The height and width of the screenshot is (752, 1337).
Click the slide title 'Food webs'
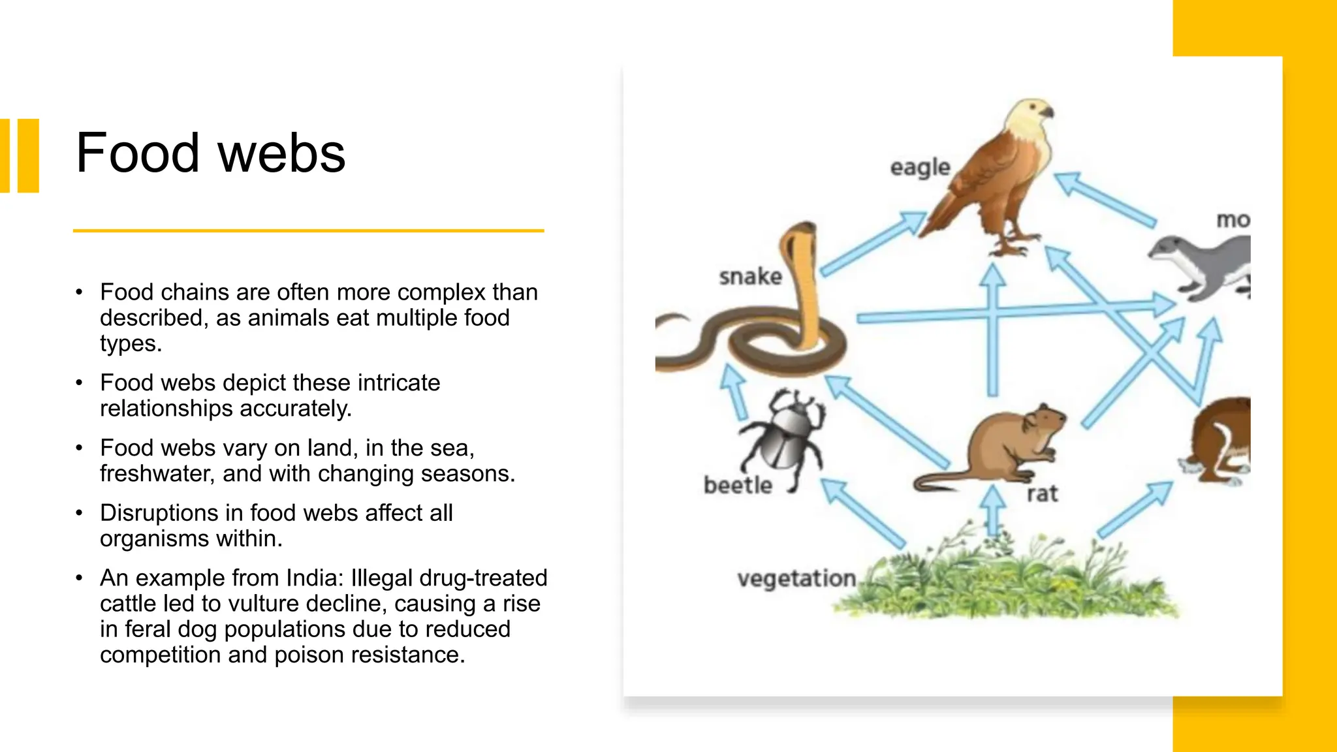point(210,153)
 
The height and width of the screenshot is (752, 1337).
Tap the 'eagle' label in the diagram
point(920,168)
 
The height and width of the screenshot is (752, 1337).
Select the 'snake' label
point(750,277)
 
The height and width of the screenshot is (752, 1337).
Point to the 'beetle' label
point(738,486)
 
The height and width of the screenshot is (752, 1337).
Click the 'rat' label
point(1042,494)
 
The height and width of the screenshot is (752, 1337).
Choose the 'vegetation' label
point(796,578)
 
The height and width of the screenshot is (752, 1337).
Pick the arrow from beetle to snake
point(736,391)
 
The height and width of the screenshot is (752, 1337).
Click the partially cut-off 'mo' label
point(1233,220)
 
